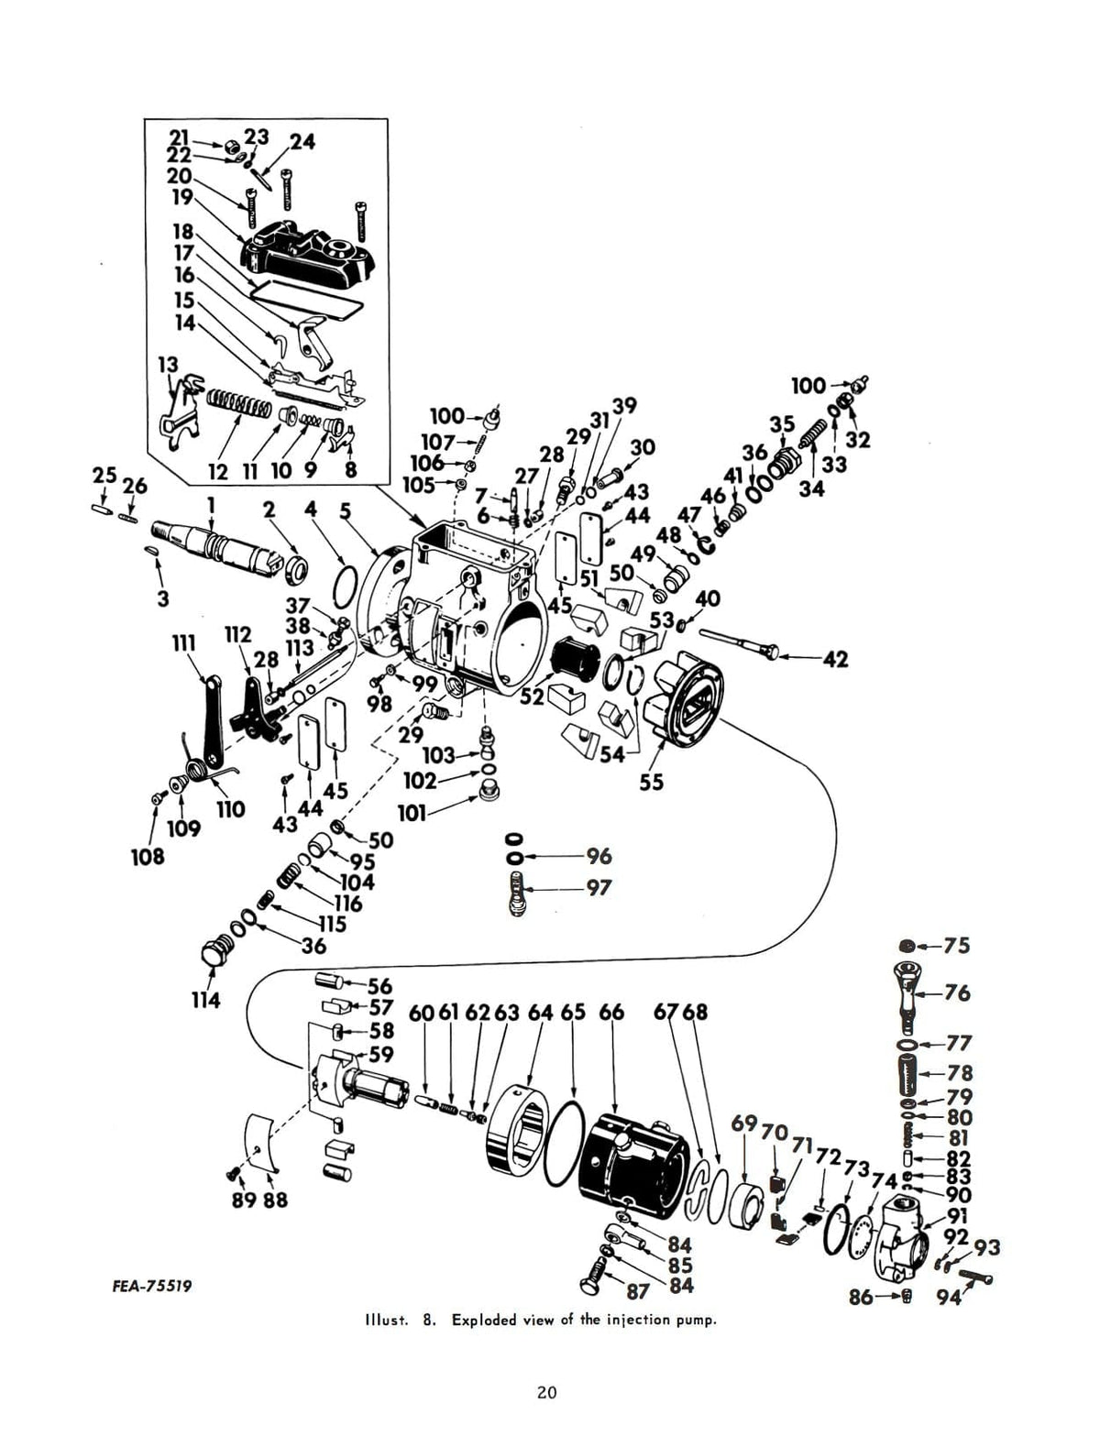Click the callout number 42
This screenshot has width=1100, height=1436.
pyautogui.click(x=835, y=659)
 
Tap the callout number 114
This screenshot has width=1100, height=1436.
pyautogui.click(x=205, y=1000)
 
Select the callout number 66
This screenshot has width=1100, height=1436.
pyautogui.click(x=611, y=1013)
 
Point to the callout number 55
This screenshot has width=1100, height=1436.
pyautogui.click(x=652, y=783)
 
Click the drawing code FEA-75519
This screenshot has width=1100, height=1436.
pyautogui.click(x=152, y=1286)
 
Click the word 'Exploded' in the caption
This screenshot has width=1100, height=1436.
pyautogui.click(x=485, y=1321)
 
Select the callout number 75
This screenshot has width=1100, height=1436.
pyautogui.click(x=956, y=946)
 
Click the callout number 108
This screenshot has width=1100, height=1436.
pyautogui.click(x=147, y=856)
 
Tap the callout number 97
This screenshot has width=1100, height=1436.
pyautogui.click(x=599, y=888)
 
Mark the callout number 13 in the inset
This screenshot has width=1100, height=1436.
pyautogui.click(x=169, y=364)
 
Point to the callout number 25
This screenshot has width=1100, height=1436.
pyautogui.click(x=104, y=476)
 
